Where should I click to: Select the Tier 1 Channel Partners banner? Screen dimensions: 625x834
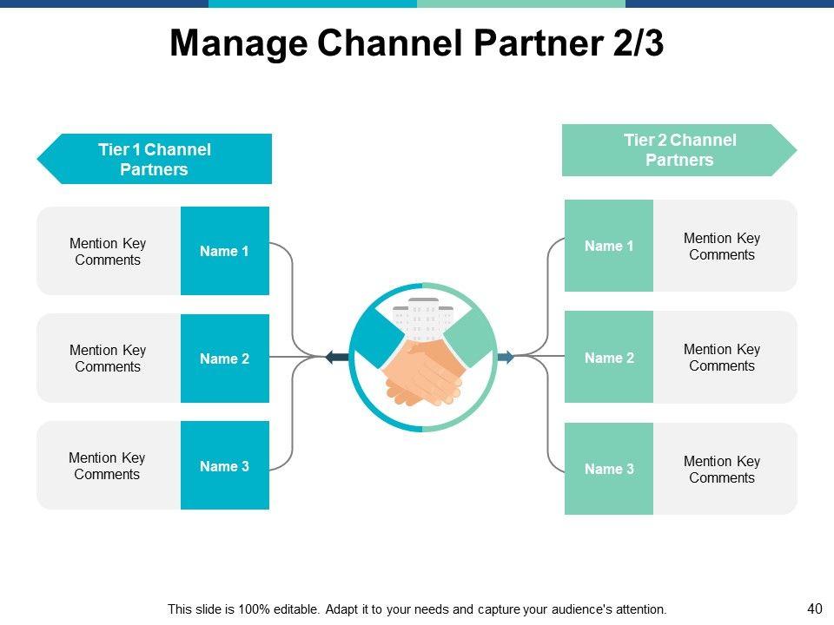pos(155,160)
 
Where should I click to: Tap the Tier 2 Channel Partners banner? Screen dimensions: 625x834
pos(679,150)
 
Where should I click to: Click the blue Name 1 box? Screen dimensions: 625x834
pos(225,251)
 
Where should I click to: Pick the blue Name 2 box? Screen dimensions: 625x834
pos(225,359)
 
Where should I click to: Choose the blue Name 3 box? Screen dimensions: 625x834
pos(225,466)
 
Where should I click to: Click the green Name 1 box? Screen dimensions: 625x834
pos(609,246)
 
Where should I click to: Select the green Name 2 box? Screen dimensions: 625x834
pos(609,358)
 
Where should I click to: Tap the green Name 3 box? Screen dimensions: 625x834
pos(609,469)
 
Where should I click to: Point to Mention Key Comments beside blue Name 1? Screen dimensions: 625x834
pos(108,252)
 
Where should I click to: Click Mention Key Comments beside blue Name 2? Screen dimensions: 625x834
pos(108,359)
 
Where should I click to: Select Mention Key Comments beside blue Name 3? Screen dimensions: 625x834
pos(107,466)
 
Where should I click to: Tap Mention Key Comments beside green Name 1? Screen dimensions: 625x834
pos(722,247)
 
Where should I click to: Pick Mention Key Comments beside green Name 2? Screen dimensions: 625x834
pos(722,358)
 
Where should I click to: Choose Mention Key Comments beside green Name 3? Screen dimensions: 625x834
pos(722,470)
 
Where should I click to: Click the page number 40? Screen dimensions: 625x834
pos(814,609)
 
